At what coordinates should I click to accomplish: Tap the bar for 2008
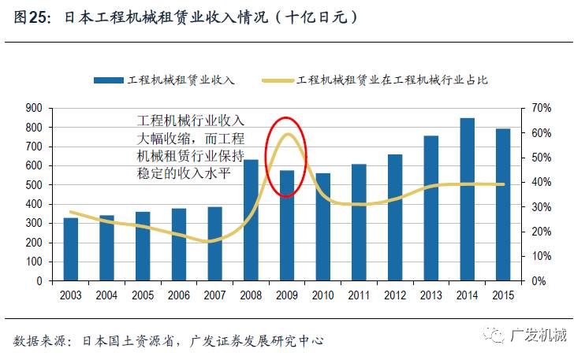(251, 220)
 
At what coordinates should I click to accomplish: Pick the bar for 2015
(503, 204)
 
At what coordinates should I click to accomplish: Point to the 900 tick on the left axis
(34, 108)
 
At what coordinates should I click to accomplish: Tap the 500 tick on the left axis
(34, 184)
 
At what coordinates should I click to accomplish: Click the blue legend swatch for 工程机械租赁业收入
(109, 80)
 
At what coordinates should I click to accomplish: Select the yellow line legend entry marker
(278, 80)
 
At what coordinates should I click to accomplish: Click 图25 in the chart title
(32, 17)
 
